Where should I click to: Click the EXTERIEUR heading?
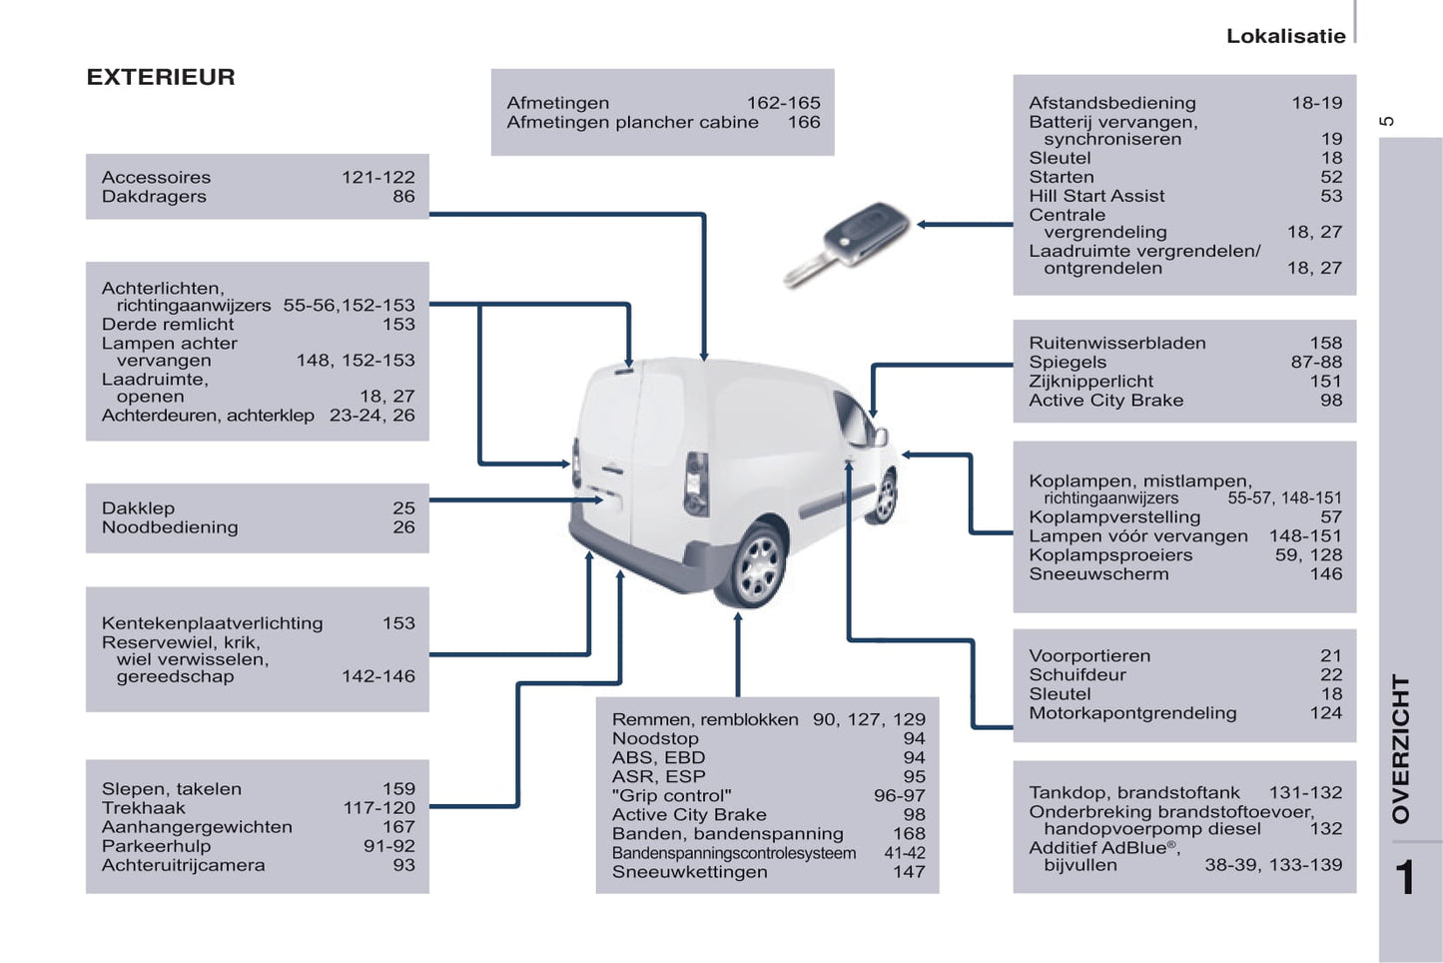pos(161,77)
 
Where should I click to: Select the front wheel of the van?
pos(884,496)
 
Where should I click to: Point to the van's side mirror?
pos(880,436)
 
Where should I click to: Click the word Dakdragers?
pos(154,197)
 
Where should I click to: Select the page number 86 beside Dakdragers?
pos(403,197)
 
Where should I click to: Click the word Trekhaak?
pos(143,808)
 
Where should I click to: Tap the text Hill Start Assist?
pos(1096,196)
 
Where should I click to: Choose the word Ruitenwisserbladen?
pos(1116,343)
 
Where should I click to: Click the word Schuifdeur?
pos(1077,675)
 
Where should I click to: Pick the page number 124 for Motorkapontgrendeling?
pos(1325,713)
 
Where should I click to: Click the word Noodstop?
pos(655,738)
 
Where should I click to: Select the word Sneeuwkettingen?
pos(689,872)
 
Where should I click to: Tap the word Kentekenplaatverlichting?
pos(212,623)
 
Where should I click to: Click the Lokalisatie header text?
pos(1285,36)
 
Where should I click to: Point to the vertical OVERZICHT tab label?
pos(1401,748)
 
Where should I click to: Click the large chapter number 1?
pos(1404,878)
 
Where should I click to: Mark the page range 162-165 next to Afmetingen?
pos(783,103)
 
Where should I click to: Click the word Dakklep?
pos(138,508)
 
